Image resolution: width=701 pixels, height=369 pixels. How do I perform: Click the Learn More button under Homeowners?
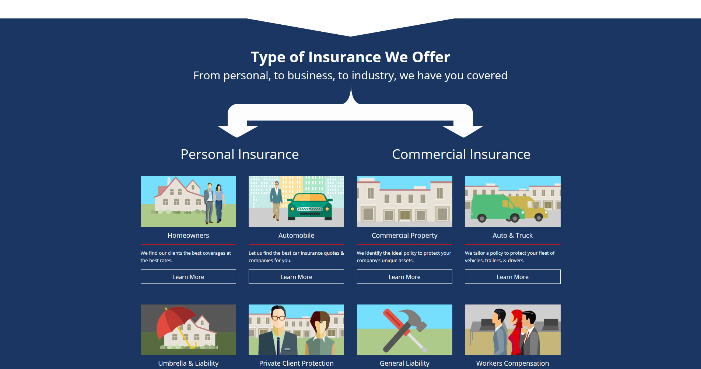coord(188,277)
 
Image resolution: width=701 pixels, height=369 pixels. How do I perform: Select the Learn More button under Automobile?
coord(296,277)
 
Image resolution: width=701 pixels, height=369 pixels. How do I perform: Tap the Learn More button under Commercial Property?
coord(404,277)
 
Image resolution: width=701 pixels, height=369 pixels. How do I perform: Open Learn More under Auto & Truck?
coord(512,277)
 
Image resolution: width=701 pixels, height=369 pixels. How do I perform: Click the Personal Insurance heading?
coord(240,154)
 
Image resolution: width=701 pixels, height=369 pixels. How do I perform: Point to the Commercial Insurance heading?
coord(461,154)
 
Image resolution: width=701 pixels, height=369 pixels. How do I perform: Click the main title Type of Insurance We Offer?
coord(350,57)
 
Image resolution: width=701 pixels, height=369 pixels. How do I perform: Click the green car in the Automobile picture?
coord(309,206)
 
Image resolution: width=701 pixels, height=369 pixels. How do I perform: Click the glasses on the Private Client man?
coord(278,317)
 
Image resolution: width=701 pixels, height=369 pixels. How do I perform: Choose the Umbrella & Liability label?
coord(188,363)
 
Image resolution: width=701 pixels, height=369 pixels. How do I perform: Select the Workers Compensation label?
coord(512,363)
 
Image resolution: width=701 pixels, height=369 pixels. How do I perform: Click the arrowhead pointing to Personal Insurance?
coord(238,131)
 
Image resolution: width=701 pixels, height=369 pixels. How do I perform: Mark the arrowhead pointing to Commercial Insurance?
coord(463,131)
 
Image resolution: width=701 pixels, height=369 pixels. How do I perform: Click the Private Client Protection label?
coord(296,363)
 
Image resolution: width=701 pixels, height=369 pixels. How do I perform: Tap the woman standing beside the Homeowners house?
coord(219,203)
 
